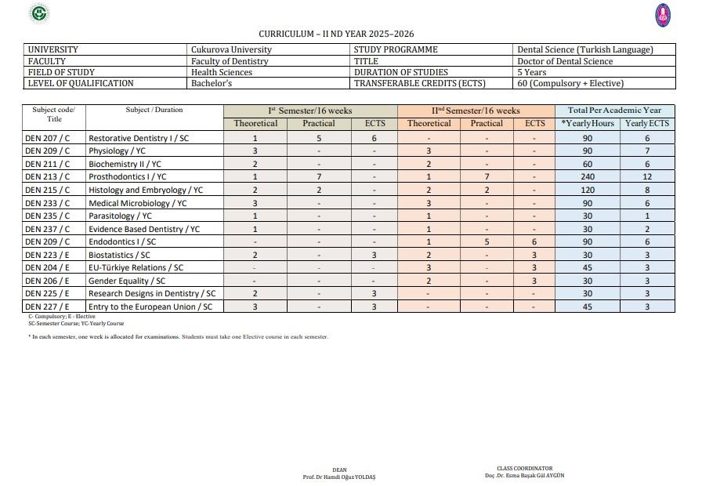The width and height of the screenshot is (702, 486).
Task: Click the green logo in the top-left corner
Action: (x=38, y=13)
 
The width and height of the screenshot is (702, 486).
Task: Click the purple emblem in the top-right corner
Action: (x=663, y=13)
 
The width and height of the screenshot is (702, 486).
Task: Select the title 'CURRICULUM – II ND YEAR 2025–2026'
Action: (x=336, y=34)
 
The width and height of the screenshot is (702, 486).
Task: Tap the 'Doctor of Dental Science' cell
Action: (x=565, y=61)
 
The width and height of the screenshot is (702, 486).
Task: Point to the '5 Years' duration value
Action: (x=532, y=72)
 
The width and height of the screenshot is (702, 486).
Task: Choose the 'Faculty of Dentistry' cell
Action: (x=230, y=61)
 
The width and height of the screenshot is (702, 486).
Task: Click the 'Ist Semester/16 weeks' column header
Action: (x=310, y=111)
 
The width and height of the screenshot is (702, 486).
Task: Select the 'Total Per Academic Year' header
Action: (x=614, y=111)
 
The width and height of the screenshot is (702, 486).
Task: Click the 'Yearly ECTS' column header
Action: (x=647, y=124)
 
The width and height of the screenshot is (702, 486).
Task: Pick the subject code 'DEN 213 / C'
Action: (x=47, y=177)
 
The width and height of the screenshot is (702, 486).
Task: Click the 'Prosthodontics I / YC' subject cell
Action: (x=128, y=177)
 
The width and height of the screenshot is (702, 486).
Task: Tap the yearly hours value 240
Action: (x=588, y=177)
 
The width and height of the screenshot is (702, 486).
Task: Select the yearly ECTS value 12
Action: (x=647, y=177)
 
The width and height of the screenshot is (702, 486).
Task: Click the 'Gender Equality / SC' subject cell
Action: (x=127, y=281)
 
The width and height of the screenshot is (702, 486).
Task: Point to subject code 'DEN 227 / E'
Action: (x=47, y=306)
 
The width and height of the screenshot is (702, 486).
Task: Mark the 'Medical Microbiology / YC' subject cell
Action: (x=138, y=203)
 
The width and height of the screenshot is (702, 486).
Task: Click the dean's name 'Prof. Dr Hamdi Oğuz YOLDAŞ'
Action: (x=339, y=477)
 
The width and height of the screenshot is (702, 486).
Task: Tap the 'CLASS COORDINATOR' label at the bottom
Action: (x=524, y=469)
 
